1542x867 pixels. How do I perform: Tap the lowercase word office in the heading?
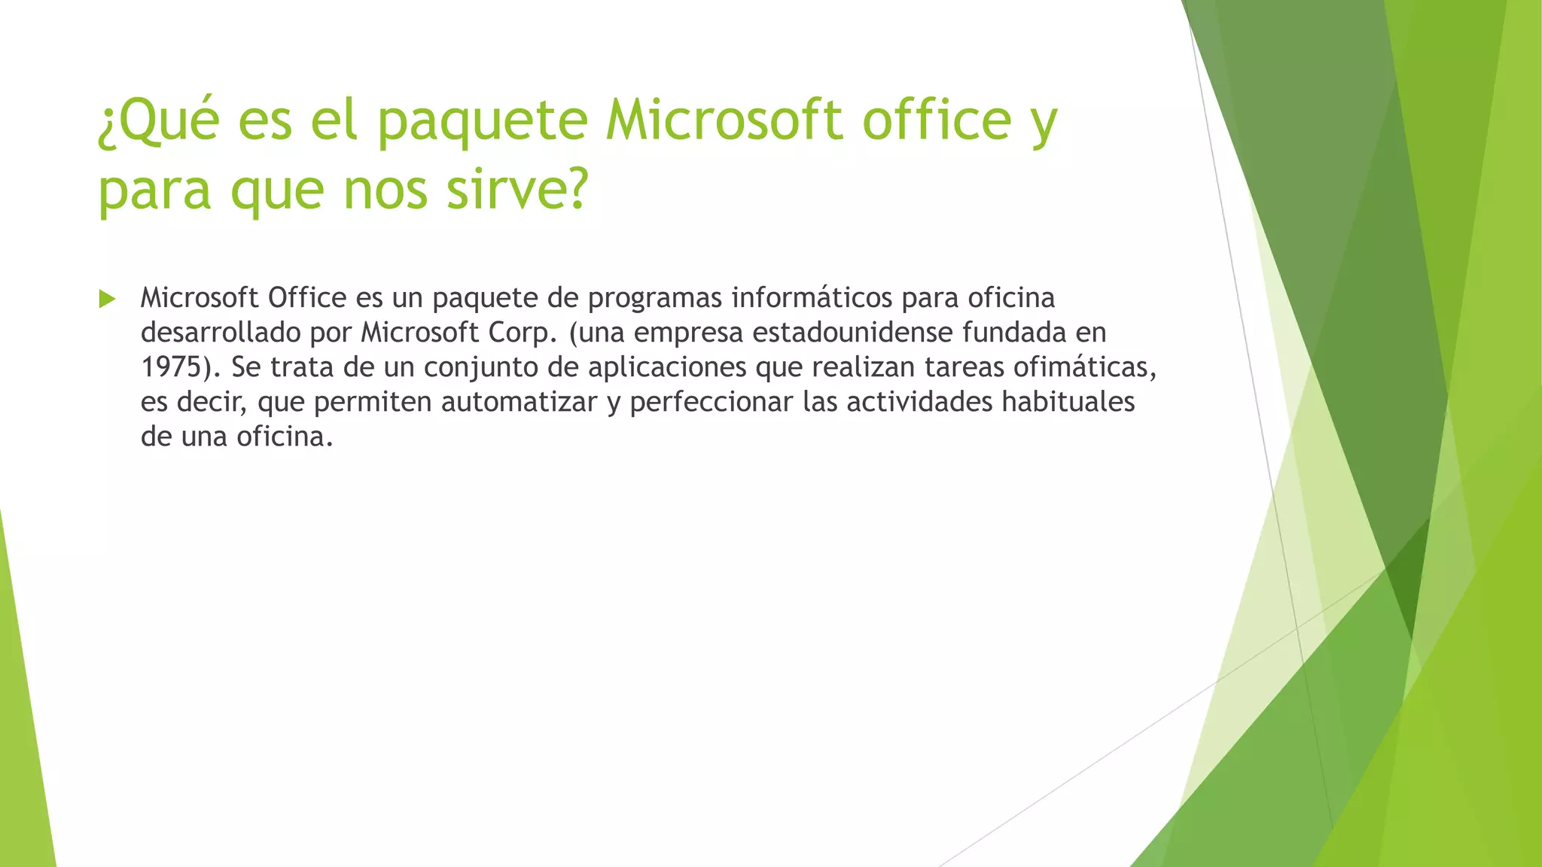(936, 121)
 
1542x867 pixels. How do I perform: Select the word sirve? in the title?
(517, 190)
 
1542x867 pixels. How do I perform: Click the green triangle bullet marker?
(107, 300)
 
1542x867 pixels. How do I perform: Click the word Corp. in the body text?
(523, 333)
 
